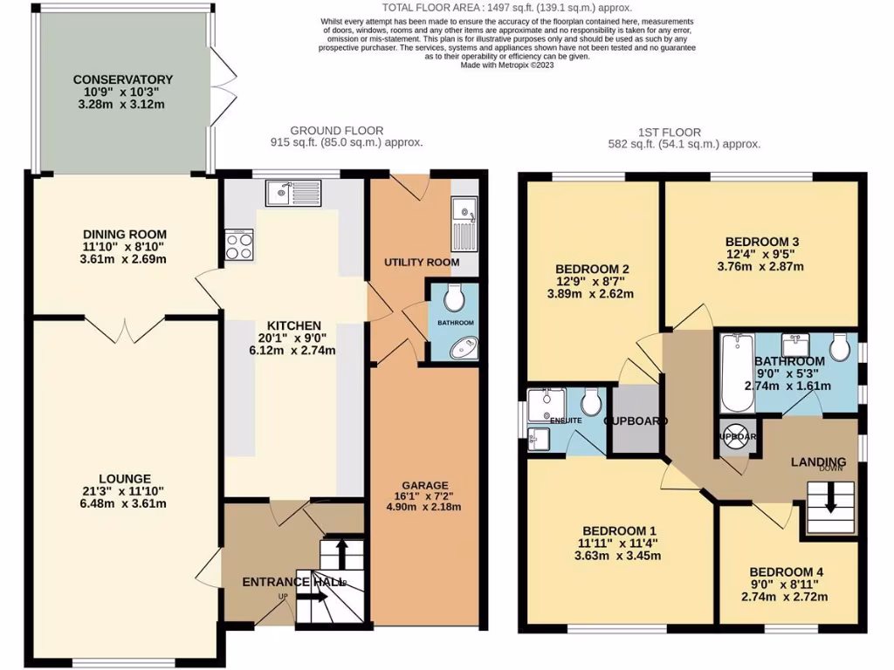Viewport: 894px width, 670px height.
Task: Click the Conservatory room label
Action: click(x=122, y=79)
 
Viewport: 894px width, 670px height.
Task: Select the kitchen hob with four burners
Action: click(x=239, y=243)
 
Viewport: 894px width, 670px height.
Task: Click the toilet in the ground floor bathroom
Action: click(x=455, y=299)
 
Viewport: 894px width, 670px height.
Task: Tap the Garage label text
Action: click(x=424, y=485)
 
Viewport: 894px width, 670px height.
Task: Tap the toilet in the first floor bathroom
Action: click(x=840, y=346)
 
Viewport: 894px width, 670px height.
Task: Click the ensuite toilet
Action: click(x=590, y=402)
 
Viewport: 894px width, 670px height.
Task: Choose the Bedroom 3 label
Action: click(x=762, y=242)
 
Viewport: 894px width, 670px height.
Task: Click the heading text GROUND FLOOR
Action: click(x=325, y=131)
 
